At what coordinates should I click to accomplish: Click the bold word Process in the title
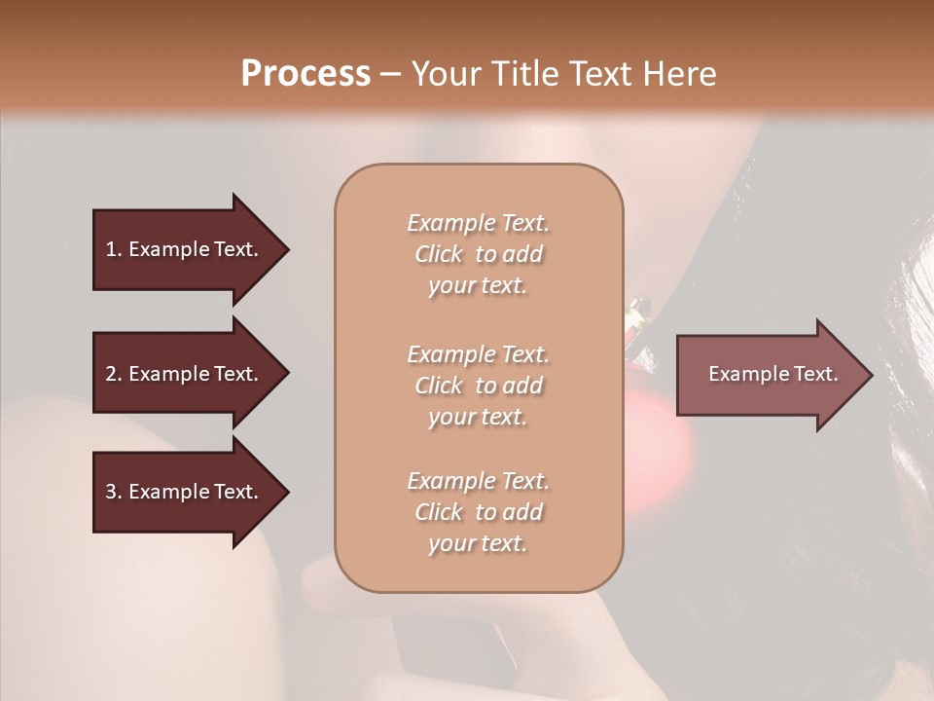(305, 74)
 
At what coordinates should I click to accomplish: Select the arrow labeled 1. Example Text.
(185, 249)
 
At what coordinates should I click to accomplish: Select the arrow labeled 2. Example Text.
(185, 374)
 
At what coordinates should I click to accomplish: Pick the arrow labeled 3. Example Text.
(185, 492)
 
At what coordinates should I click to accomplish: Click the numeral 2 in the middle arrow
(111, 374)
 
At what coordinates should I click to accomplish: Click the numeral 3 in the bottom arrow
(111, 492)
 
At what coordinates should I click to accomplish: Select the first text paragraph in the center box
(478, 254)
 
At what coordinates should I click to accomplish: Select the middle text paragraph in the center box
(478, 386)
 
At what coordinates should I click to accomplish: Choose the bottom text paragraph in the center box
(478, 512)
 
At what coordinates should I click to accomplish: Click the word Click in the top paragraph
(439, 255)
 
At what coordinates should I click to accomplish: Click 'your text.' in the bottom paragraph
(478, 544)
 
